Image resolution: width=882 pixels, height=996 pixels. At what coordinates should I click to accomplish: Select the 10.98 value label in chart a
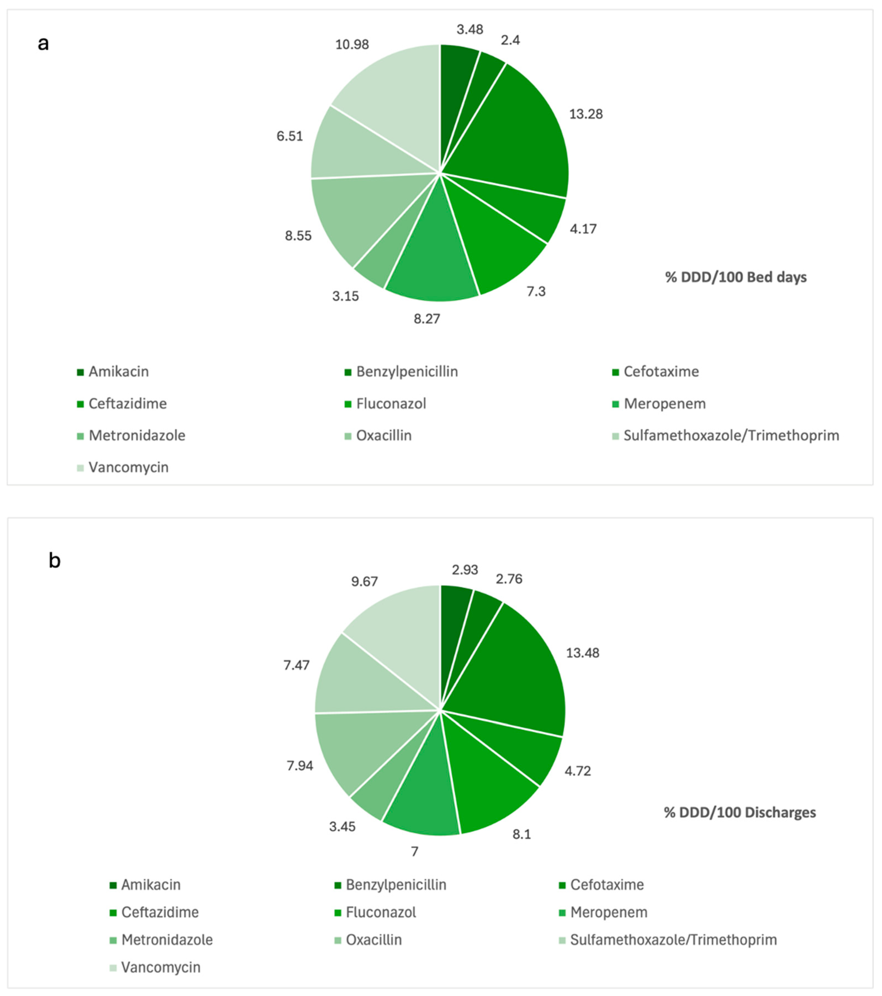point(352,44)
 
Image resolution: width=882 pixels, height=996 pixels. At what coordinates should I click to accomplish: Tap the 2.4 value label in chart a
point(510,40)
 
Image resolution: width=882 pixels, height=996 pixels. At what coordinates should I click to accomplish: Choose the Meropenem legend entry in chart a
point(664,404)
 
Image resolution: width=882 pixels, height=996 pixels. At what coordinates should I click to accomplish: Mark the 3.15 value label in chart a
point(345,296)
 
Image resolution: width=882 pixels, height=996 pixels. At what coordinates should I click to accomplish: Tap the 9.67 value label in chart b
point(364,581)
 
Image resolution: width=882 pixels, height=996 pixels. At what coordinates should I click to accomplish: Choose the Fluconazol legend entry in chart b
point(380,912)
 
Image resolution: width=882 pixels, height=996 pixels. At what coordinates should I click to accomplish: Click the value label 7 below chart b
point(414,851)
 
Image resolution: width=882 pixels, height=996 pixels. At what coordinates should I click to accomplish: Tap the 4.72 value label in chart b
point(577,771)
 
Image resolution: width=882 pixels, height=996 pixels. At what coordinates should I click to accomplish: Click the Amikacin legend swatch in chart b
point(113,885)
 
